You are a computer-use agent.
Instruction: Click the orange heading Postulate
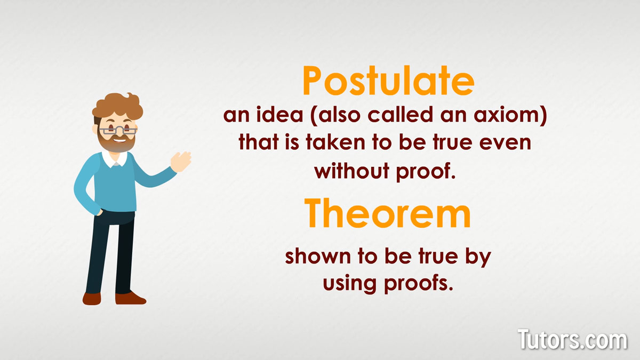(389, 81)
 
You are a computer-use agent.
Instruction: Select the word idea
(279, 114)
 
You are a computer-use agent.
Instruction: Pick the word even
(505, 143)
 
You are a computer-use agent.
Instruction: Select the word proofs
(419, 283)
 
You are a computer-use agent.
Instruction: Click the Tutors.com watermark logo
(572, 339)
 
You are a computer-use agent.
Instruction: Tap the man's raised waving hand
(181, 162)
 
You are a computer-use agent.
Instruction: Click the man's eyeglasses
(118, 131)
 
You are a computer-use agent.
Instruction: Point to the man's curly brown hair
(118, 106)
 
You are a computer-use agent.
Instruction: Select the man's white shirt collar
(115, 159)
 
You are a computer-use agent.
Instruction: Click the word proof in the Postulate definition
(426, 171)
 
